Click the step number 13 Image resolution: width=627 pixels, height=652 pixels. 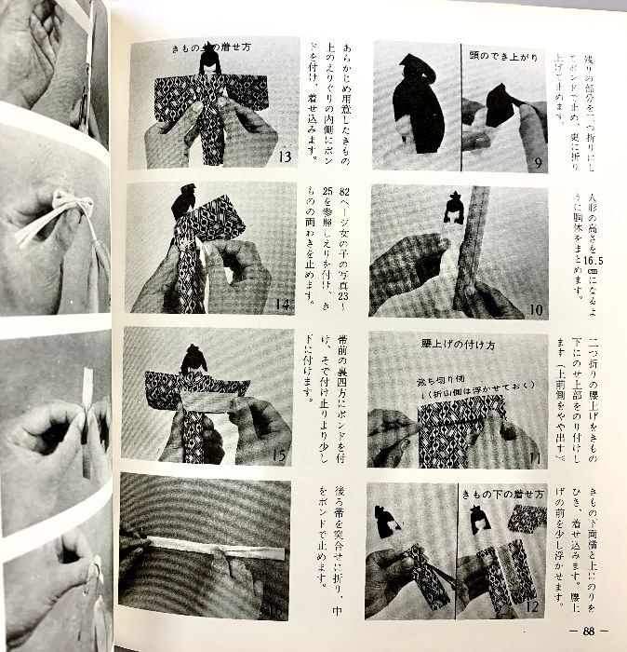(x=287, y=156)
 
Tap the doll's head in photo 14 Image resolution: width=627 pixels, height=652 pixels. (x=183, y=199)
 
